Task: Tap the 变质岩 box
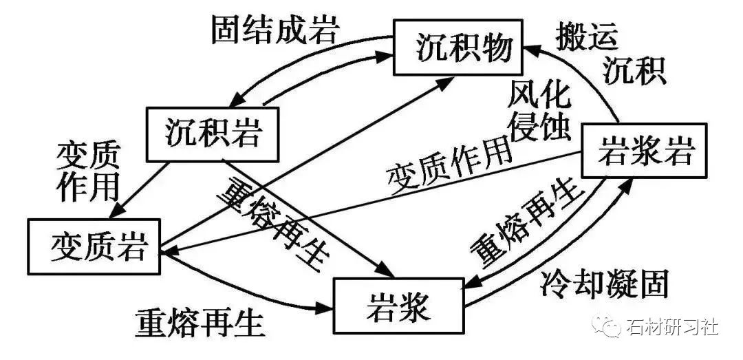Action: click(94, 246)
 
